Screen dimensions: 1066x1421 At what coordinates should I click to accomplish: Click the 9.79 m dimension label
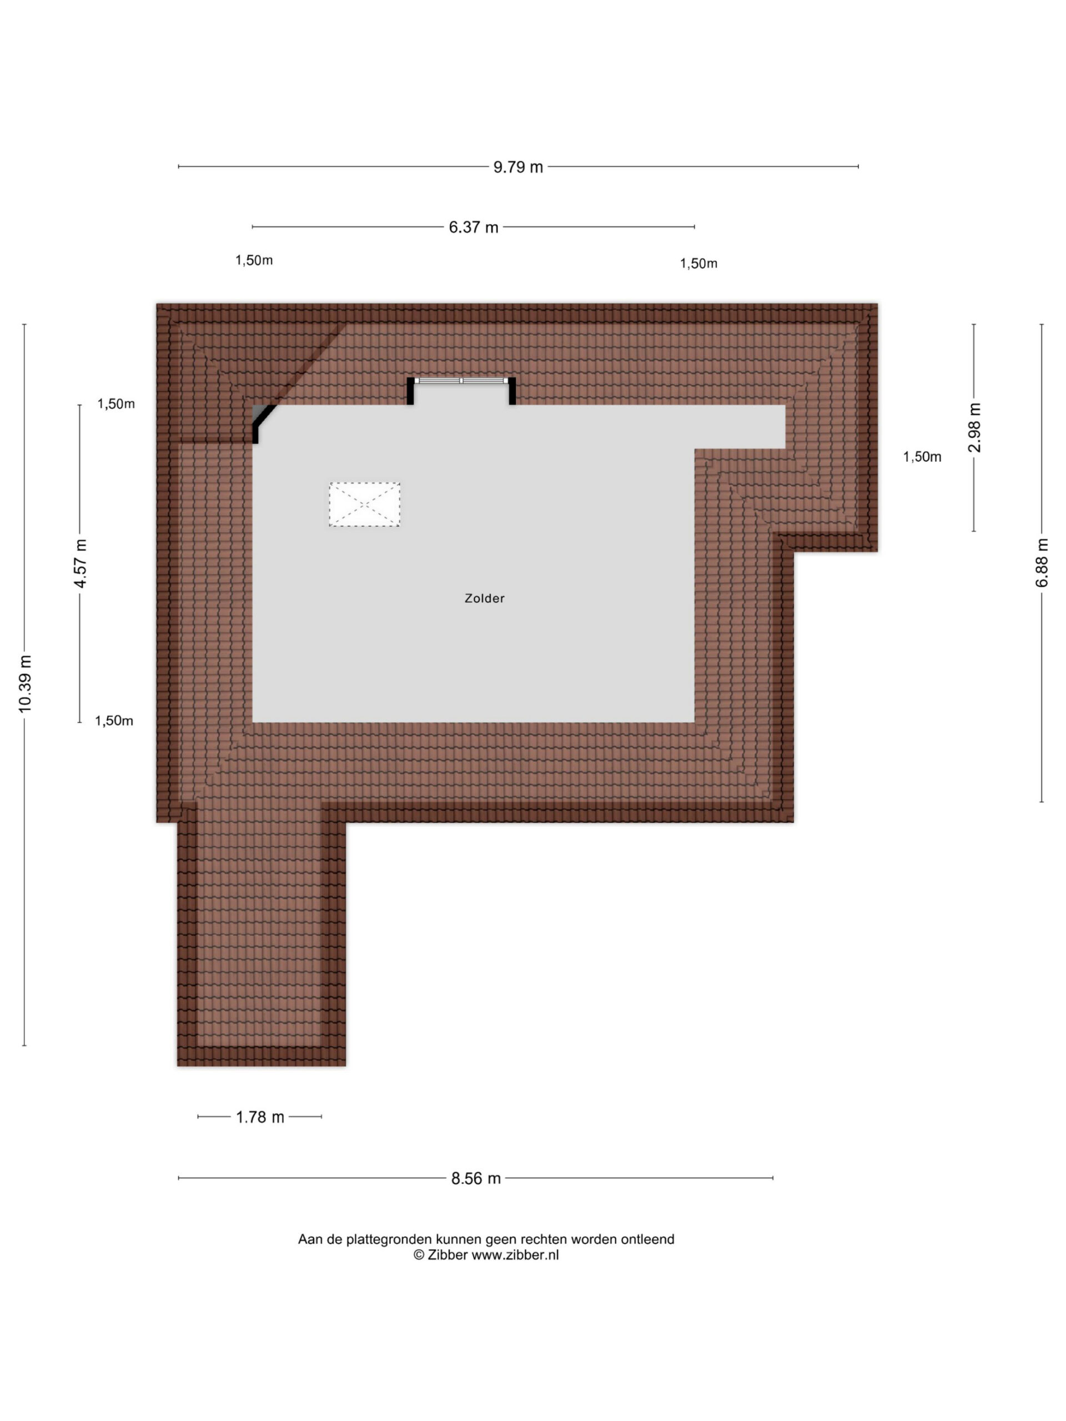point(518,167)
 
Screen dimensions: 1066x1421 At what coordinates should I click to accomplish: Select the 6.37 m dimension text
point(474,228)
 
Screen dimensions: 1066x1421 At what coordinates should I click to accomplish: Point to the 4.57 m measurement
point(80,563)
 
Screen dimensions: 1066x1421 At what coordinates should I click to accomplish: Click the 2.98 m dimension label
point(974,428)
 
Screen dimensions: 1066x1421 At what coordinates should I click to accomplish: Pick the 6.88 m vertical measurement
point(1042,563)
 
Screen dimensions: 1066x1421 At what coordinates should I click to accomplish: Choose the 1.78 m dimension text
point(260,1117)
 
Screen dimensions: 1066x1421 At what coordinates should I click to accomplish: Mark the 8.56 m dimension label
point(475,1178)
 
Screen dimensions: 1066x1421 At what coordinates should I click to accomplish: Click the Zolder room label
point(485,598)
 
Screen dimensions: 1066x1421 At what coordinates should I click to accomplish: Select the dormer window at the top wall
point(461,381)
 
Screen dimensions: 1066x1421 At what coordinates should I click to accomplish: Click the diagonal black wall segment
point(262,421)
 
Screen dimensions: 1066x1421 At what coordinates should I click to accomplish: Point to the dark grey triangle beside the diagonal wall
point(258,412)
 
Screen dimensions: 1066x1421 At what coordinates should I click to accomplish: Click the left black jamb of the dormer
point(410,391)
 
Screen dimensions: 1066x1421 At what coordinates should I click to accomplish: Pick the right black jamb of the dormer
point(512,391)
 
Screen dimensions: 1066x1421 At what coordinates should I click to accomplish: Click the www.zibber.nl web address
point(515,1255)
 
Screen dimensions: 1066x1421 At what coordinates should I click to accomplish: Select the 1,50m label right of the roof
point(922,457)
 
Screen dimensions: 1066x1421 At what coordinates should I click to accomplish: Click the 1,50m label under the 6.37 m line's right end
point(698,264)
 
